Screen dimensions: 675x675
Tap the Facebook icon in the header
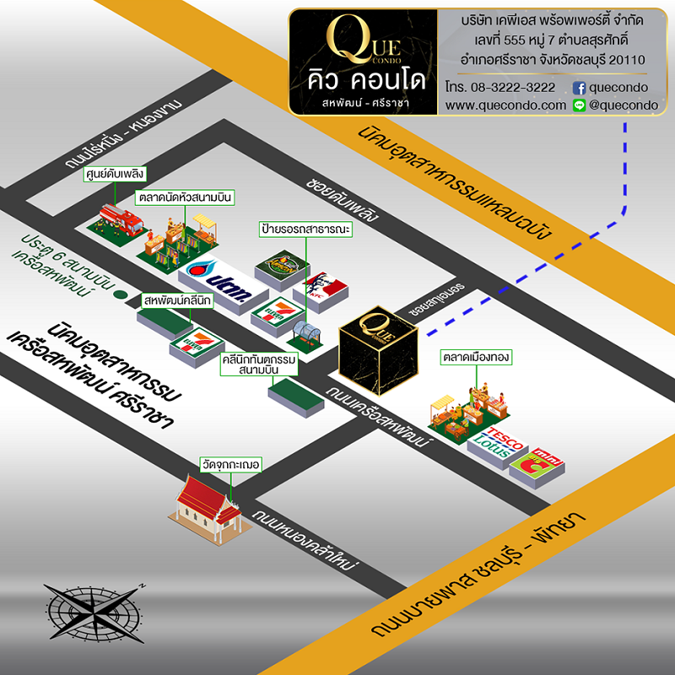579,88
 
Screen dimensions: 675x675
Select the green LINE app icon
579,105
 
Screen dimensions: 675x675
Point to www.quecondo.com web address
505,105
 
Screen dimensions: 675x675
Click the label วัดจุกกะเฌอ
229,464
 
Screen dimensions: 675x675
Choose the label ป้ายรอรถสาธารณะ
305,229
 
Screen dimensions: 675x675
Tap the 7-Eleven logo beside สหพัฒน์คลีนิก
196,342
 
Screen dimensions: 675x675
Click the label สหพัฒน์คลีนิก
177,300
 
